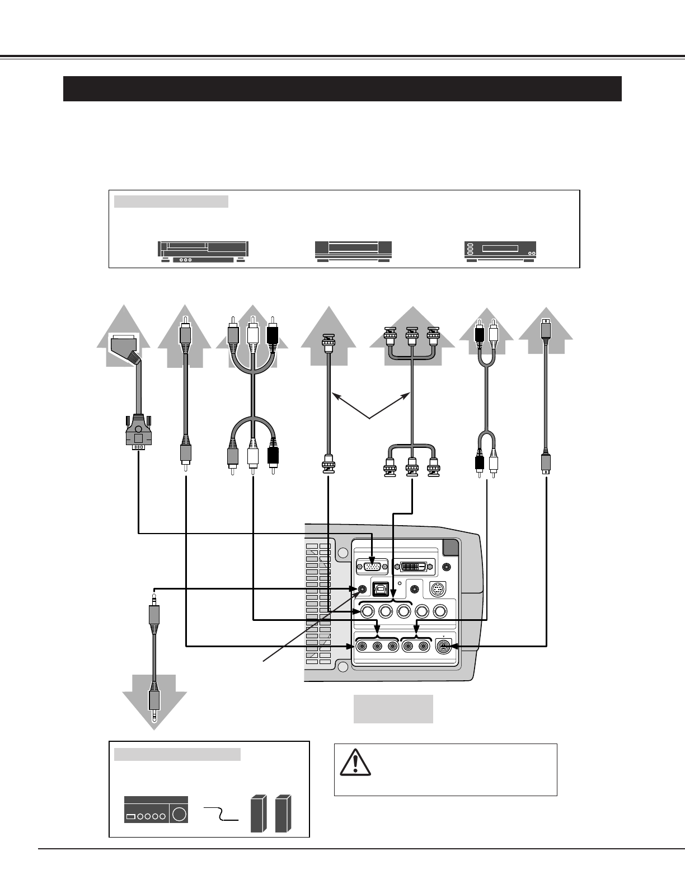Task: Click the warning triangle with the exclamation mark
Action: click(x=355, y=763)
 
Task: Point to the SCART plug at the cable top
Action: click(x=126, y=349)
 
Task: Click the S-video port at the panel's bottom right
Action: click(x=443, y=647)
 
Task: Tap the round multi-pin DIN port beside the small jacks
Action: click(x=438, y=589)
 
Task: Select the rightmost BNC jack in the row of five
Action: click(x=440, y=611)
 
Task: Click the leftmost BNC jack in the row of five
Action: click(x=367, y=611)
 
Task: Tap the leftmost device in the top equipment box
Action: click(x=203, y=252)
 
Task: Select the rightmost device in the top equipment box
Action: click(x=500, y=251)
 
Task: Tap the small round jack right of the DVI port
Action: click(x=446, y=567)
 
